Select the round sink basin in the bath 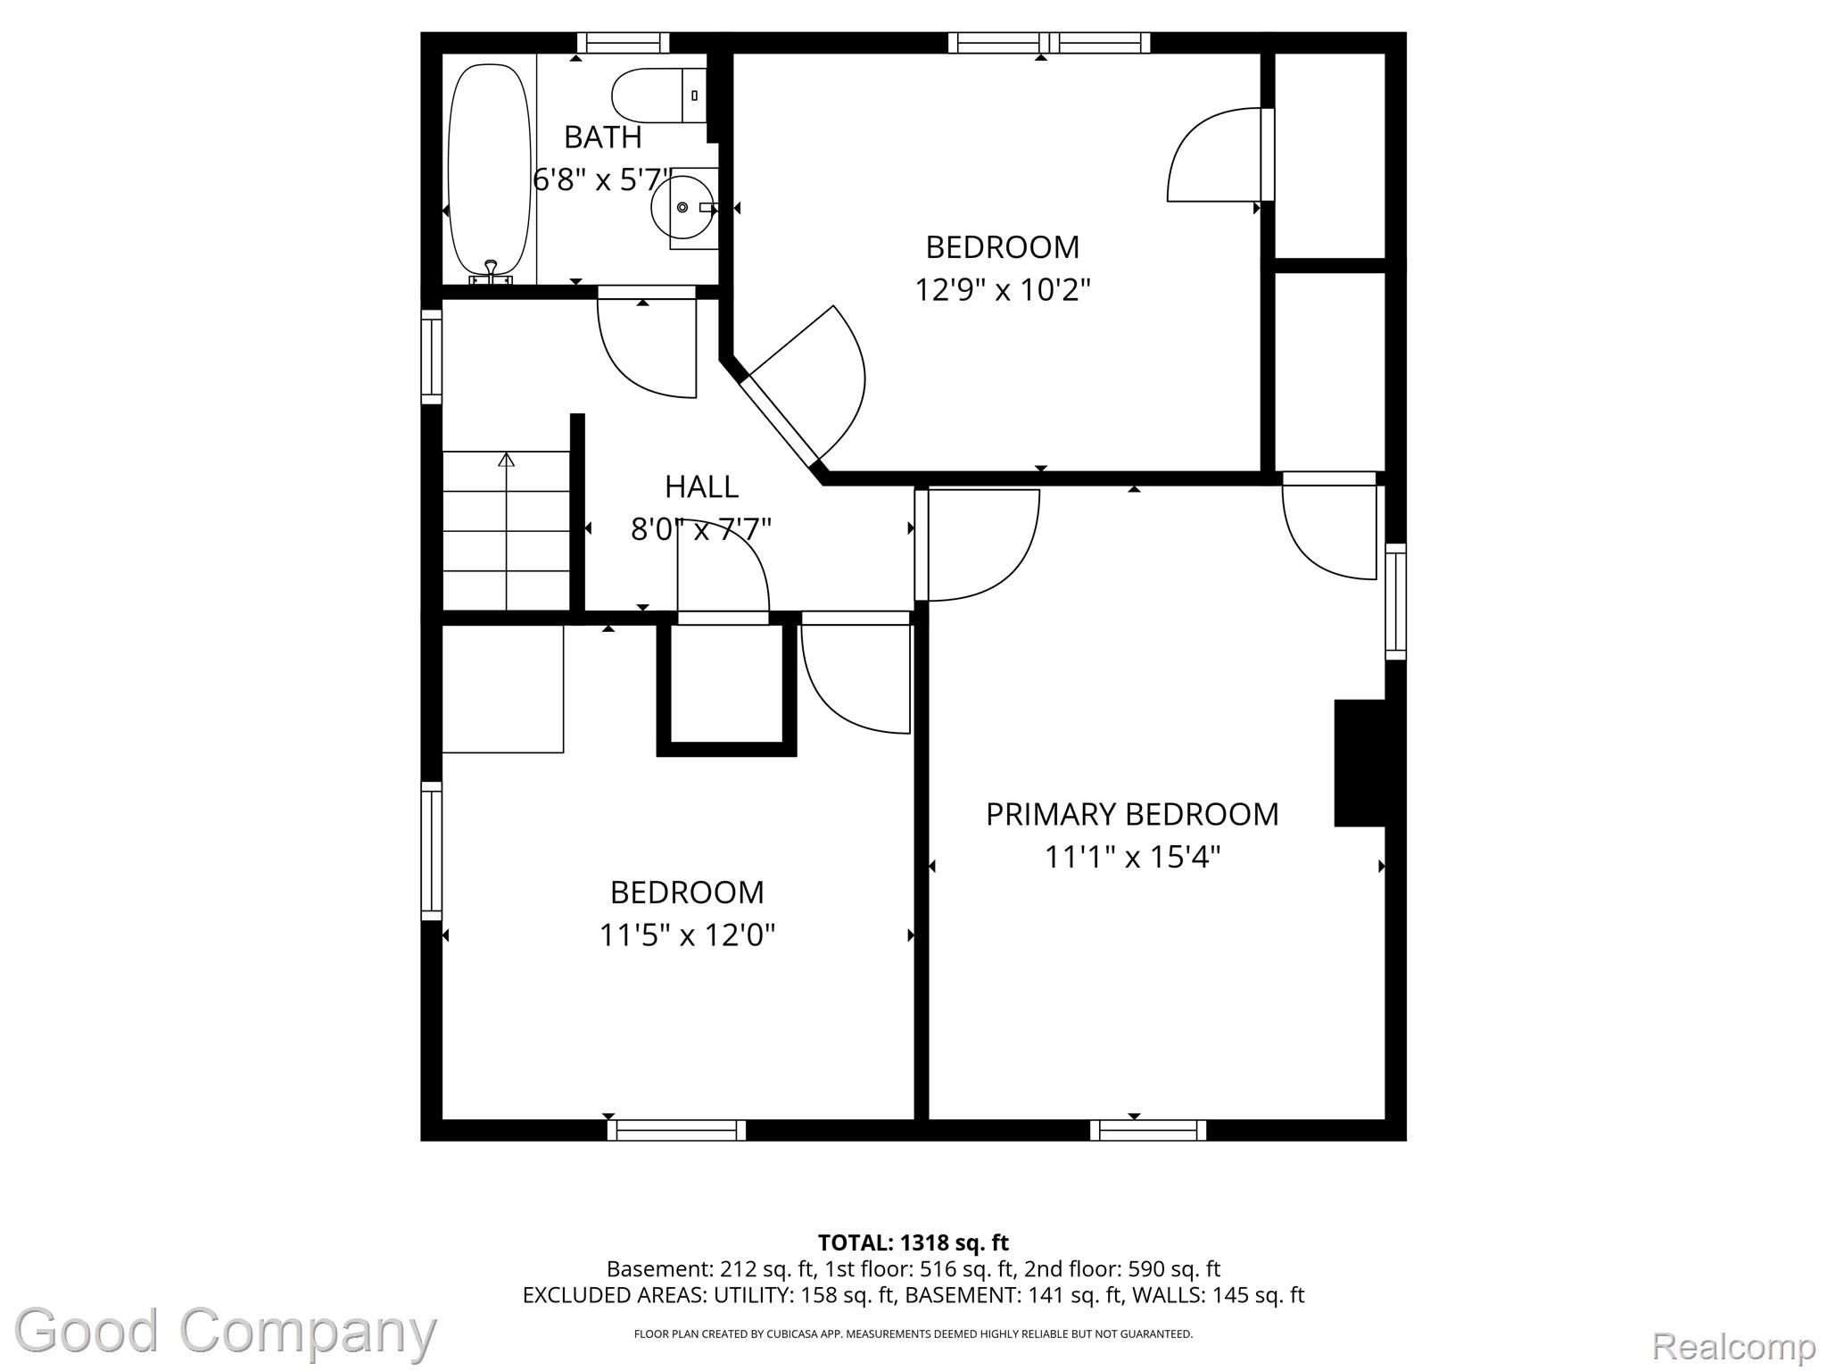click(x=682, y=207)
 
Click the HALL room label click(x=702, y=486)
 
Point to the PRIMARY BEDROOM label click(x=1132, y=814)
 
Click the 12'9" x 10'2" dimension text click(x=1003, y=290)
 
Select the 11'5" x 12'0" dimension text click(x=687, y=935)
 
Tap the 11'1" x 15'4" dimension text click(x=1132, y=858)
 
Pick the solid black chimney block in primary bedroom click(x=1360, y=763)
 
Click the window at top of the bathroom click(x=623, y=43)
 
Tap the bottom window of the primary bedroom click(x=1148, y=1130)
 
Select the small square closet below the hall click(x=726, y=685)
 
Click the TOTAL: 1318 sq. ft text click(x=913, y=1242)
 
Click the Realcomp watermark click(x=1733, y=1345)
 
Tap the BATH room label click(x=603, y=137)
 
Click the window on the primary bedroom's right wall click(x=1396, y=602)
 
